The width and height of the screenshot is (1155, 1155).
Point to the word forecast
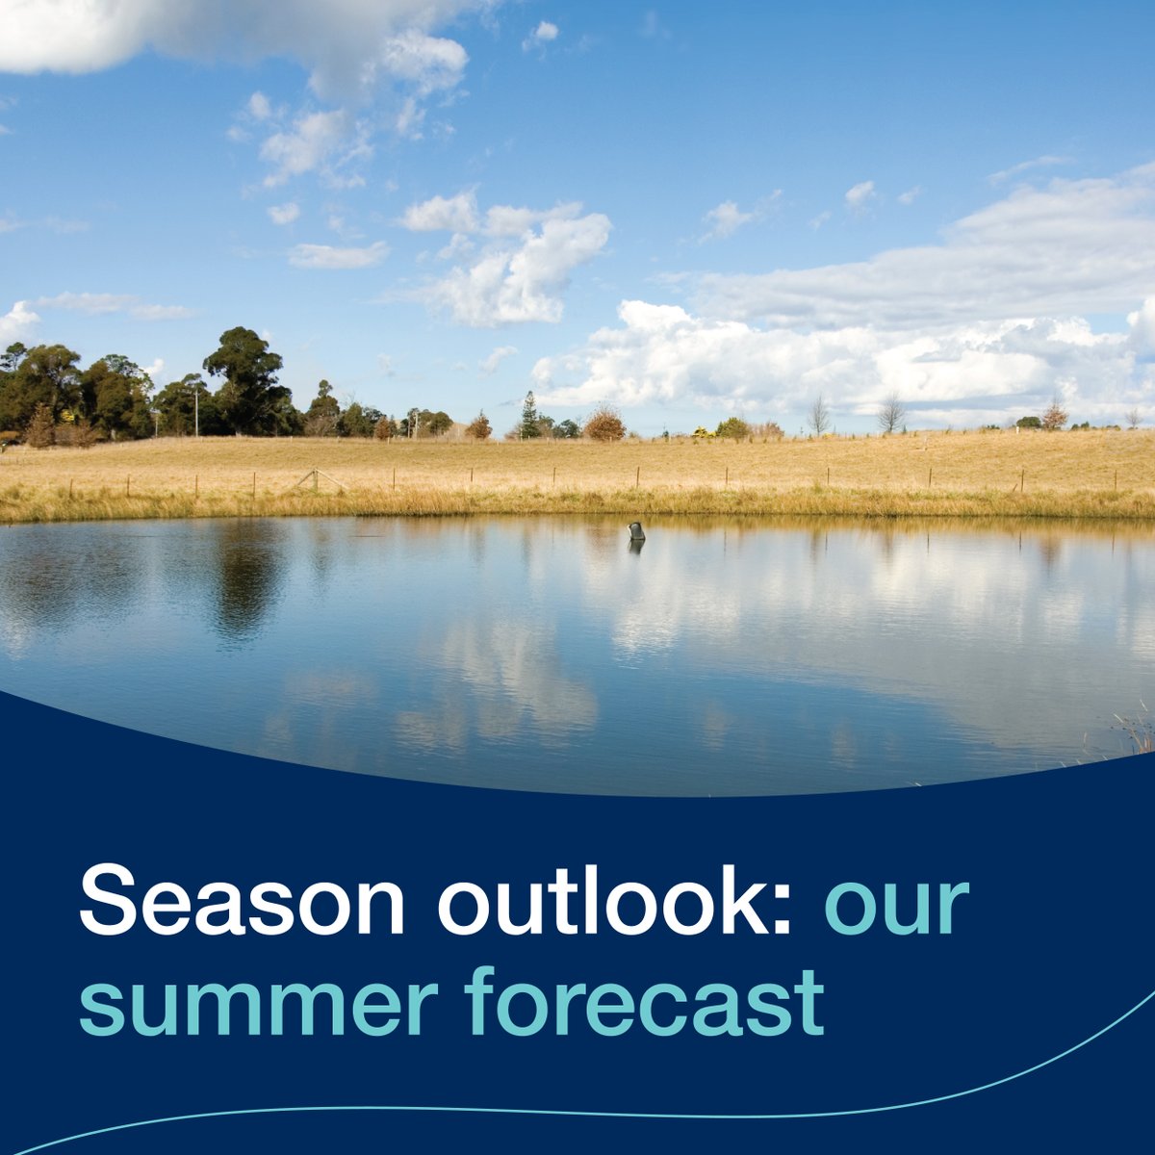click(x=644, y=1001)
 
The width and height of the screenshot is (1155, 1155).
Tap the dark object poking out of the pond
click(x=636, y=531)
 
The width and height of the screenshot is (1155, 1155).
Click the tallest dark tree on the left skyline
click(x=245, y=375)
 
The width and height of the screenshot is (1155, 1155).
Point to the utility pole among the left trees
click(x=195, y=411)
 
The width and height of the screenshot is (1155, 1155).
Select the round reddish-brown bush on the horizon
click(x=604, y=423)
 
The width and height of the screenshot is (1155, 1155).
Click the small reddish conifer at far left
click(x=40, y=426)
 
